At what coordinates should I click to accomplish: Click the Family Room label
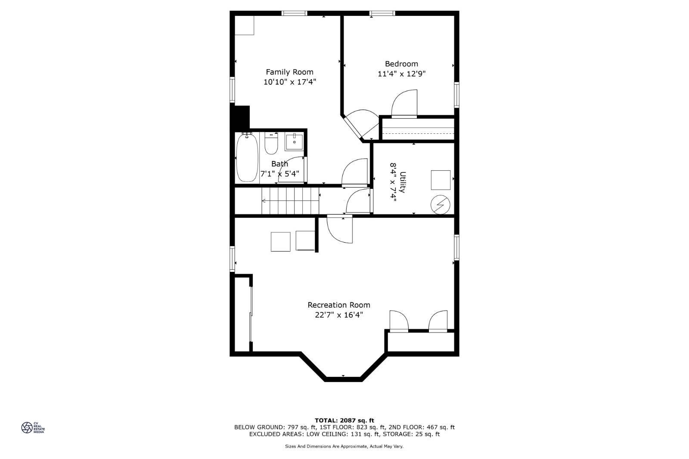pyautogui.click(x=289, y=72)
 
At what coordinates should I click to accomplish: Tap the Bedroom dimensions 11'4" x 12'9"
pyautogui.click(x=401, y=74)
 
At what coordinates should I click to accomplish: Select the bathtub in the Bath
pyautogui.click(x=247, y=157)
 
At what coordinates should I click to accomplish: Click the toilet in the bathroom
pyautogui.click(x=271, y=145)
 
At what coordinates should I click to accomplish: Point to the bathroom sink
pyautogui.click(x=294, y=142)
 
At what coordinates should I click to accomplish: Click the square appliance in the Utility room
pyautogui.click(x=441, y=180)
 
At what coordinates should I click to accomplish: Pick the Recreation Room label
pyautogui.click(x=338, y=305)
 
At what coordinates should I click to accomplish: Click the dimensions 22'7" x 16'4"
pyautogui.click(x=339, y=315)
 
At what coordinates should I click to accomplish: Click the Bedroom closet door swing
pyautogui.click(x=405, y=103)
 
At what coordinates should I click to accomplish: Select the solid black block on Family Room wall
pyautogui.click(x=241, y=118)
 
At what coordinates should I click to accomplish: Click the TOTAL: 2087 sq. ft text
pyautogui.click(x=344, y=420)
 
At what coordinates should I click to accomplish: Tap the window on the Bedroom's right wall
pyautogui.click(x=456, y=95)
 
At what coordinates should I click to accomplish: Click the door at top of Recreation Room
pyautogui.click(x=340, y=230)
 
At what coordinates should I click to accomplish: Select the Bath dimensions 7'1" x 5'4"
pyautogui.click(x=279, y=174)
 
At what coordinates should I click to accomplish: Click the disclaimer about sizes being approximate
pyautogui.click(x=344, y=447)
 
